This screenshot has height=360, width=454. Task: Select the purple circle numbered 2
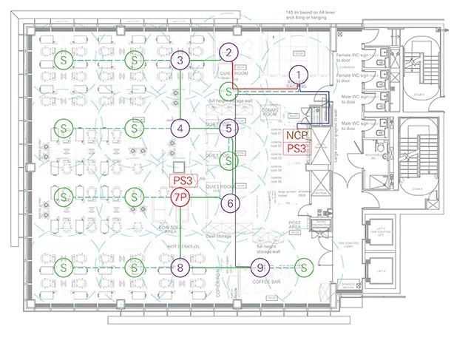229,52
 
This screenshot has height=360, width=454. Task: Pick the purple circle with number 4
179,128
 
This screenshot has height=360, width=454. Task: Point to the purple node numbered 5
229,128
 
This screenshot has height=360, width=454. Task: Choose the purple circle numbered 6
230,203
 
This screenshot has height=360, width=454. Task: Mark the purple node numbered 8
179,267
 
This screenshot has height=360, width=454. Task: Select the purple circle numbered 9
260,268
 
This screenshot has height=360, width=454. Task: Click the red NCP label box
297,135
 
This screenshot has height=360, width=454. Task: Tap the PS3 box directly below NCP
297,149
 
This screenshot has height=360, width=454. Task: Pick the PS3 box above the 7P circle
183,180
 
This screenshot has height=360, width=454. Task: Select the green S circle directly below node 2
230,92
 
